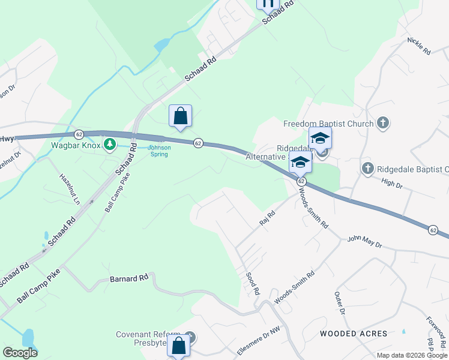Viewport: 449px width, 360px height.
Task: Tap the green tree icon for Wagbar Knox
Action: (x=109, y=144)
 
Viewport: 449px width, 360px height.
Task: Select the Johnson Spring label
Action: (x=160, y=151)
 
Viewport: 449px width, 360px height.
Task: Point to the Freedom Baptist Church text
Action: (x=328, y=124)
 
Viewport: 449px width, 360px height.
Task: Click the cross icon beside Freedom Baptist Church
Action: (x=382, y=124)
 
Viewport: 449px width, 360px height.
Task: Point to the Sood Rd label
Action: (x=253, y=283)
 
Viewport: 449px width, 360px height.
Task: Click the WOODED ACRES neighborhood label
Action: (x=349, y=333)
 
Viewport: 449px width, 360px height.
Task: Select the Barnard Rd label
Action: (x=129, y=279)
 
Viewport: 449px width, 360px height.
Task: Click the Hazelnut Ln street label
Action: (x=69, y=189)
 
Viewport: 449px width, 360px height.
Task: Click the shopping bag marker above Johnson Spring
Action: (x=180, y=116)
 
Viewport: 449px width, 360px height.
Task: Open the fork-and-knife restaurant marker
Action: (x=268, y=3)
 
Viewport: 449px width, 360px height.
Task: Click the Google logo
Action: (x=20, y=353)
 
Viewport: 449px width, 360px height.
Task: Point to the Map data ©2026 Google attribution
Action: (x=412, y=355)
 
